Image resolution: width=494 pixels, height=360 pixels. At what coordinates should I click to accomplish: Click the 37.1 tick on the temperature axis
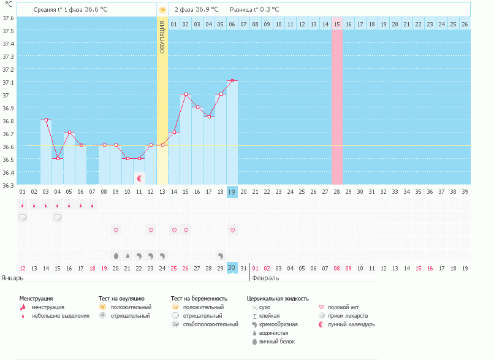[8, 82]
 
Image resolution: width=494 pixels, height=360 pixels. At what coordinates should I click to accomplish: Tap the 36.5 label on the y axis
[8, 159]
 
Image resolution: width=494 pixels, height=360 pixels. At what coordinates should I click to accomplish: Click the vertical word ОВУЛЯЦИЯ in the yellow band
[162, 37]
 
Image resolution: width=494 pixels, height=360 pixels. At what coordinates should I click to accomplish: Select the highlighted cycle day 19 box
[232, 191]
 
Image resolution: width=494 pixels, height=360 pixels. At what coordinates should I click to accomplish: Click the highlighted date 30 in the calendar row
[232, 267]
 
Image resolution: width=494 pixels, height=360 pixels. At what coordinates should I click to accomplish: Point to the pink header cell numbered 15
[337, 24]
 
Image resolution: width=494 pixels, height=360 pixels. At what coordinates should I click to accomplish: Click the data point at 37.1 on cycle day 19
[232, 81]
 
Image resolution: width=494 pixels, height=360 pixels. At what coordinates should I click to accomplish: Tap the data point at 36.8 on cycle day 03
[46, 120]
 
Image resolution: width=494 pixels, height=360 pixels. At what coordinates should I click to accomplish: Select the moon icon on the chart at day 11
[140, 178]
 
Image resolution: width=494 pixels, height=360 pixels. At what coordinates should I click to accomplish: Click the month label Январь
[12, 278]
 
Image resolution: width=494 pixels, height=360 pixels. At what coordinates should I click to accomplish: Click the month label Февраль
[265, 278]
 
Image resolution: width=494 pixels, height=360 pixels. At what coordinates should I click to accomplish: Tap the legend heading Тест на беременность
[203, 298]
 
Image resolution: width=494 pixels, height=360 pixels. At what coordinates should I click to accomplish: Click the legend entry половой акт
[346, 307]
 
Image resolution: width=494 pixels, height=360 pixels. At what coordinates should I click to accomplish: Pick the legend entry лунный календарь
[351, 324]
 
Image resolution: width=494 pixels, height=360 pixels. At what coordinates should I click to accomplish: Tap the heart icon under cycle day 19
[232, 230]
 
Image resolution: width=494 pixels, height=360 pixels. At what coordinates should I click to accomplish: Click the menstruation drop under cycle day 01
[23, 205]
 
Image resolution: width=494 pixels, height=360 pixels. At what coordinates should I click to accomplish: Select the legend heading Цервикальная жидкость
[277, 298]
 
